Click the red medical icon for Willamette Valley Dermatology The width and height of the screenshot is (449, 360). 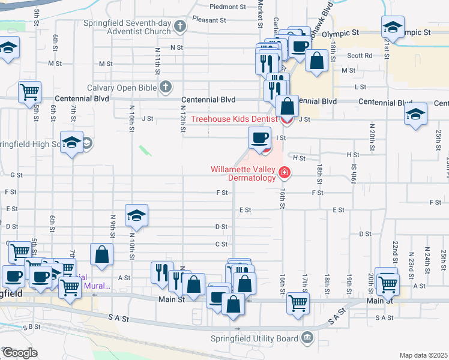pyautogui.click(x=285, y=174)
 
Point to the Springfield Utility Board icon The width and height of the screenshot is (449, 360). pyautogui.click(x=308, y=338)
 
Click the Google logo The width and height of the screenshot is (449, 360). pyautogui.click(x=19, y=353)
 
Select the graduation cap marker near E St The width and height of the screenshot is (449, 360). pyautogui.click(x=137, y=215)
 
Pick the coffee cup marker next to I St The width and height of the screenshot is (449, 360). pyautogui.click(x=259, y=137)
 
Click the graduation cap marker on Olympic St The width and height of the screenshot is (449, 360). pyautogui.click(x=393, y=27)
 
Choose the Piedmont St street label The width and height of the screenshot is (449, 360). pyautogui.click(x=228, y=7)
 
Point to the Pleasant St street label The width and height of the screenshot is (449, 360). pyautogui.click(x=209, y=19)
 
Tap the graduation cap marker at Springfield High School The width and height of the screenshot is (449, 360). pyautogui.click(x=71, y=142)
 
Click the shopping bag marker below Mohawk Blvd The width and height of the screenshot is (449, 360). pyautogui.click(x=316, y=60)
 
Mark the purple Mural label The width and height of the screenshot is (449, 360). pyautogui.click(x=97, y=286)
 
